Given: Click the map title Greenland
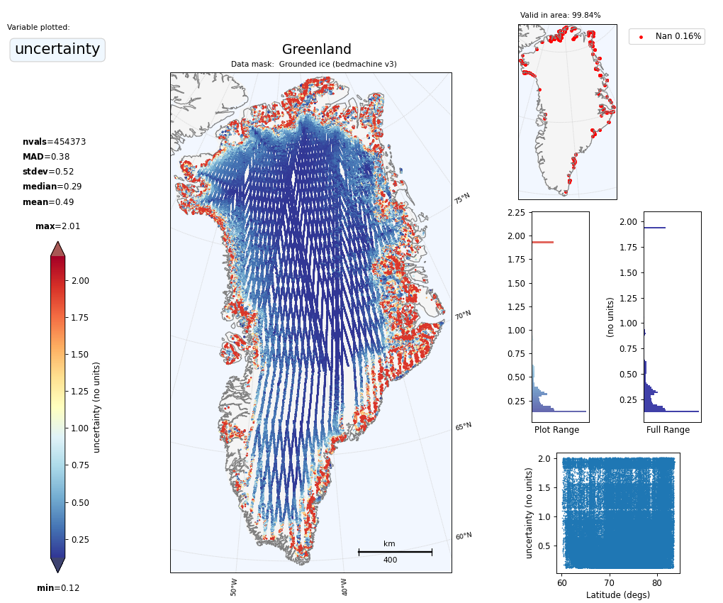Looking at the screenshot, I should pos(316,50).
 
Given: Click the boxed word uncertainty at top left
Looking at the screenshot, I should pos(57,50).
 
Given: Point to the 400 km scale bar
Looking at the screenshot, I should pos(395,551).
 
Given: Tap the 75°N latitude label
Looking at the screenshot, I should pos(462,198).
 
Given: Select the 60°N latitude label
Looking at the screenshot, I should pos(463,536).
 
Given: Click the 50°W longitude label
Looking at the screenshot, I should pos(234,587).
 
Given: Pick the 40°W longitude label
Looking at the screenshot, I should pos(344,587).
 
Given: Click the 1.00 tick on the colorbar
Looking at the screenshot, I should pos(79,428).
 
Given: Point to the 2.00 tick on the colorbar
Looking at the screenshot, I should pos(79,280).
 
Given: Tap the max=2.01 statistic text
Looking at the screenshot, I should pos(57,226).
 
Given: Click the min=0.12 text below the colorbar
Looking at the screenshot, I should pos(57,588).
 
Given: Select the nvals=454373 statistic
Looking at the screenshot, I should pos(54,142).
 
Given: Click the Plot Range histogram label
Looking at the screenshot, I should pos(556,430).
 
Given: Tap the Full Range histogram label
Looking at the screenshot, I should pos(668,430).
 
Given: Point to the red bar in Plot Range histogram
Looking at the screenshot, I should pos(543,243).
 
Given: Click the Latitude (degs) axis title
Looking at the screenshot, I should pos(617,595).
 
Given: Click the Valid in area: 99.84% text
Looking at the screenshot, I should pos(560,15).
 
